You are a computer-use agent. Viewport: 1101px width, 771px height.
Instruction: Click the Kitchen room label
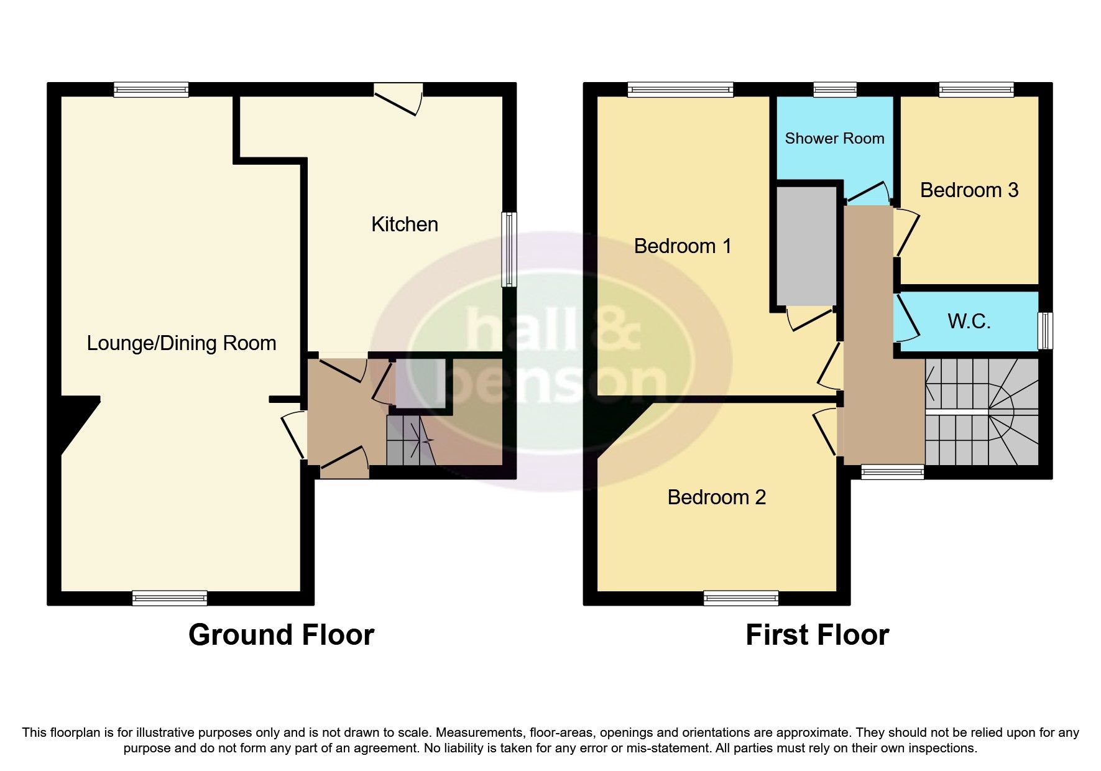(x=404, y=224)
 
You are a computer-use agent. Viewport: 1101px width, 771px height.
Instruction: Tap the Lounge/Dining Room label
(x=181, y=343)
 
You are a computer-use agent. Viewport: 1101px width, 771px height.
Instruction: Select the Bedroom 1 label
(x=682, y=246)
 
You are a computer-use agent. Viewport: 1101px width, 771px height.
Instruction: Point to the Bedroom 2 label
(x=716, y=497)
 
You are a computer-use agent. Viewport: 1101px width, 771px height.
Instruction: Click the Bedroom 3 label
(x=969, y=190)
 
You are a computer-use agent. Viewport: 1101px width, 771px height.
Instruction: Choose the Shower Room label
(x=834, y=139)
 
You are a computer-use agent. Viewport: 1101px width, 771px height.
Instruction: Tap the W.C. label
(x=969, y=321)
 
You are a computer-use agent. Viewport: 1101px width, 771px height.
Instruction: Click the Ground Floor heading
(x=281, y=635)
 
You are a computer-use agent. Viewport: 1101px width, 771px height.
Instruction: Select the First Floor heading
(x=817, y=635)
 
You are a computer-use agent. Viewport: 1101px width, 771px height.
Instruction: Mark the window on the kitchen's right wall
(x=509, y=249)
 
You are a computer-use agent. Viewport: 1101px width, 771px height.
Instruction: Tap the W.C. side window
(x=1046, y=330)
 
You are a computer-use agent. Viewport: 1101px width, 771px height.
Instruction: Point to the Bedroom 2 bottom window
(x=740, y=598)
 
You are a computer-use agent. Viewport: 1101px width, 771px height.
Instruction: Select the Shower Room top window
(x=834, y=90)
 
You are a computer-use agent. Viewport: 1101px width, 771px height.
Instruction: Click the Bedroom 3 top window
(x=976, y=90)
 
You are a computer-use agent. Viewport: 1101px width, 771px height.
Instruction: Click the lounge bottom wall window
(x=169, y=598)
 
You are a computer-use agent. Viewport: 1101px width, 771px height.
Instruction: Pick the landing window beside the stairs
(x=892, y=473)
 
